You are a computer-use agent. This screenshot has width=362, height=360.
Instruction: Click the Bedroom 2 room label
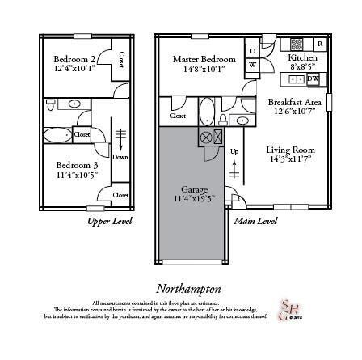(74, 59)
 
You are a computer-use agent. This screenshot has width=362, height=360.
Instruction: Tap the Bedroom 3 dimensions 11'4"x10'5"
(77, 174)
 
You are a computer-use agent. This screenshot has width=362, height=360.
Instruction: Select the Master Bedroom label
(204, 59)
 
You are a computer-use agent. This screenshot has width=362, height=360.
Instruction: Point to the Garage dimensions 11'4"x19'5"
(193, 197)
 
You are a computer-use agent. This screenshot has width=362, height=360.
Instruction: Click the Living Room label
(290, 150)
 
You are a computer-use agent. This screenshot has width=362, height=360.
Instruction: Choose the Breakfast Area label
(294, 102)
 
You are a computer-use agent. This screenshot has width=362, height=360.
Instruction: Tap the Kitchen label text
(303, 58)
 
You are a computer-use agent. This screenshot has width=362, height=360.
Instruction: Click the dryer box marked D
(252, 50)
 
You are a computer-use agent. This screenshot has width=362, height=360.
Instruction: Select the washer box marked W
(252, 64)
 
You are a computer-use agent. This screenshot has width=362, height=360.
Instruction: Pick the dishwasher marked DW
(313, 78)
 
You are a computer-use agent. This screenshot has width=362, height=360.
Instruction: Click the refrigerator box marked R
(320, 43)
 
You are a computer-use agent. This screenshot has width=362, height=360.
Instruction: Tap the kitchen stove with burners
(297, 44)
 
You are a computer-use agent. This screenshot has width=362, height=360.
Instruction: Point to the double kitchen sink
(296, 79)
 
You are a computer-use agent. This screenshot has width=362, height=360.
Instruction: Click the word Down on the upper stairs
(120, 157)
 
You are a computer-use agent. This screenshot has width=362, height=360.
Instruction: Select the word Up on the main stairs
(234, 151)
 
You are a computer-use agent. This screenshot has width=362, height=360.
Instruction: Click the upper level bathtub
(57, 135)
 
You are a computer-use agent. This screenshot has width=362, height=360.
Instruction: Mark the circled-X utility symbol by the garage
(206, 137)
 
